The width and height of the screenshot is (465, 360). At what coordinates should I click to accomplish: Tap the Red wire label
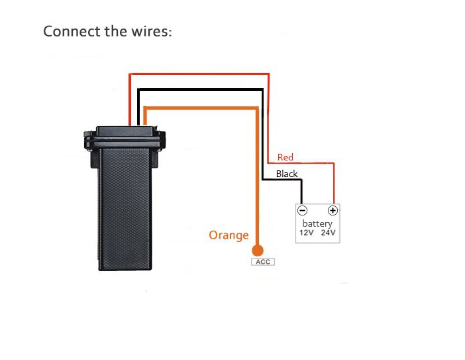tap(285, 157)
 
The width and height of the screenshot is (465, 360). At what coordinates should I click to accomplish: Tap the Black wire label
tap(287, 174)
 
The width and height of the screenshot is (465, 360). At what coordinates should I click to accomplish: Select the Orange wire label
tap(229, 235)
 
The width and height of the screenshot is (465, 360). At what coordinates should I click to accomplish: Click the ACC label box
tap(262, 262)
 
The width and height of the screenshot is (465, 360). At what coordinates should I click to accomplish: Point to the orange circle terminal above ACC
tap(258, 250)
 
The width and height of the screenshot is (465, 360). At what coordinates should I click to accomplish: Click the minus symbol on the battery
tap(302, 211)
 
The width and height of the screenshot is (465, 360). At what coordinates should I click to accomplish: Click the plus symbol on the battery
tap(333, 211)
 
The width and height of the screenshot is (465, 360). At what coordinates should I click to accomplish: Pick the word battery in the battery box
tap(317, 223)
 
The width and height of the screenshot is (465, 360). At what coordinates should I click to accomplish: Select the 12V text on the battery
tap(306, 233)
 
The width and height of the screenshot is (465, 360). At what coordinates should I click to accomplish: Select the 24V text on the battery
tap(328, 233)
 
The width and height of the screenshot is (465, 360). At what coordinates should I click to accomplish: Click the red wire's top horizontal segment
tap(199, 73)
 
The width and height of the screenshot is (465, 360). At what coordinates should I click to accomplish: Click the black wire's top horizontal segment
tap(199, 89)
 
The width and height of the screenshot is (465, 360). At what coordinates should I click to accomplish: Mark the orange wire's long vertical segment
tap(257, 179)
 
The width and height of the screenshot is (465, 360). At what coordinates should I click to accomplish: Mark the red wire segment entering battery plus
tap(333, 186)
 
